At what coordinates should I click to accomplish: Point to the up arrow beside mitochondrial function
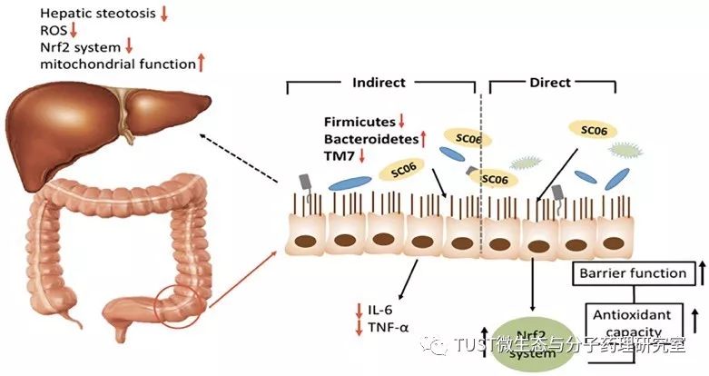point(202,63)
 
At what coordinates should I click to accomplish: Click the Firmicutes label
point(359,122)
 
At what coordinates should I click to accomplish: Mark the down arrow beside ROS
point(74,30)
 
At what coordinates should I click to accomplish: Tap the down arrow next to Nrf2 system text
point(129,46)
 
